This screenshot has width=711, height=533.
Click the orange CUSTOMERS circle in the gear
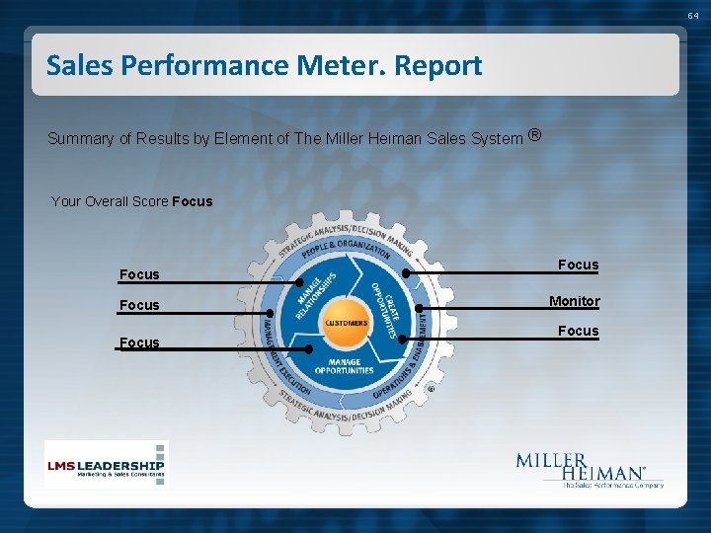(345, 323)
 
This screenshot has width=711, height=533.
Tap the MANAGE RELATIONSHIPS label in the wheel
(315, 295)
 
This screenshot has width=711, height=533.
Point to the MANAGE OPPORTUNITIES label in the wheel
(345, 366)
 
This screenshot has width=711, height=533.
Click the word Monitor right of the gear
(574, 301)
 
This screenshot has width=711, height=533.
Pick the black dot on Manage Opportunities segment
(309, 348)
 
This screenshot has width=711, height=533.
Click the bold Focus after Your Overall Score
(192, 201)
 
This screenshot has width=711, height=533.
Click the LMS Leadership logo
(106, 464)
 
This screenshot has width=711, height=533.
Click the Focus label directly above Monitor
(578, 265)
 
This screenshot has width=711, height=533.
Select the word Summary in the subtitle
(81, 139)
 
